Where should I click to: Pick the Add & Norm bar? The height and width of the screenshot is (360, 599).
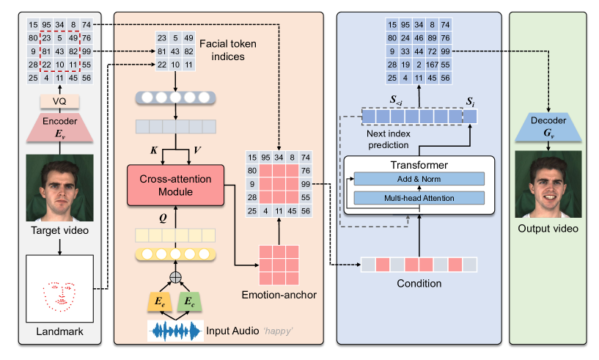[x=419, y=179]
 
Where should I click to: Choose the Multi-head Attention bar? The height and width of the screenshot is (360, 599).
[x=419, y=197]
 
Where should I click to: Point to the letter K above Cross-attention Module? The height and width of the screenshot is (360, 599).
[x=153, y=150]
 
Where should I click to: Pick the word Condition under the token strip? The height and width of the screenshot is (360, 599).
[x=419, y=284]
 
